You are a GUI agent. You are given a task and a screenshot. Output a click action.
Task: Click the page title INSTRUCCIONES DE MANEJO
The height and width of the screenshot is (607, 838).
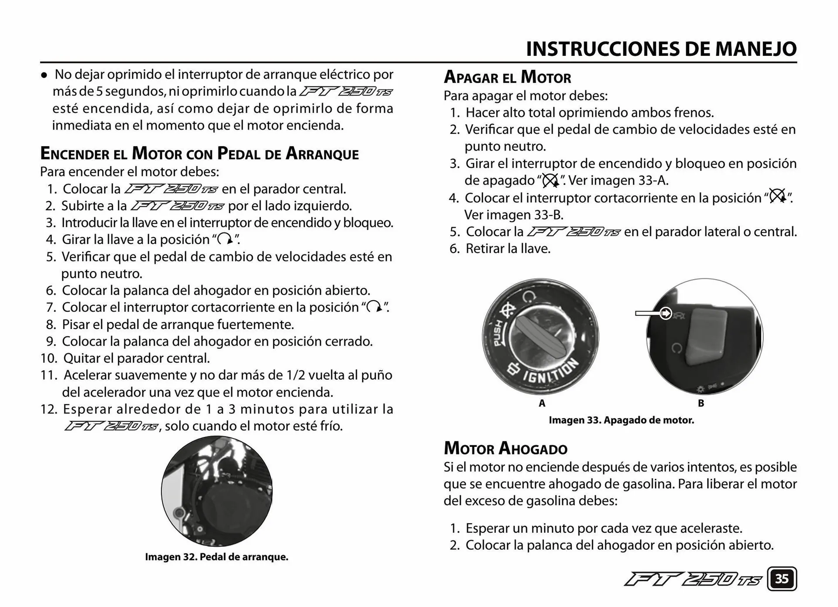tap(661, 49)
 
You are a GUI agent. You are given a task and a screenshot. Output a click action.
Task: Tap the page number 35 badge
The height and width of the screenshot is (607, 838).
tap(782, 579)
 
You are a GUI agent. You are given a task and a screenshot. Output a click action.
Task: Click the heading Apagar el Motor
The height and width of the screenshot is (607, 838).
tap(507, 78)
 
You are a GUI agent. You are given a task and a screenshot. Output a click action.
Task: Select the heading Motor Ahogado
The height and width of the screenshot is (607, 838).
tap(505, 449)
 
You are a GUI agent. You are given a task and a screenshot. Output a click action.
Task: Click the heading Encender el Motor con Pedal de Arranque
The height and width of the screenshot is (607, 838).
tap(199, 154)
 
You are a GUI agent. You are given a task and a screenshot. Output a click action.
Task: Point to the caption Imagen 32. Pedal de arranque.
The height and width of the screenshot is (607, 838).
tap(216, 557)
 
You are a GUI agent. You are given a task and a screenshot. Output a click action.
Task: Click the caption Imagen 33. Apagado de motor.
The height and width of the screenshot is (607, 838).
tap(621, 420)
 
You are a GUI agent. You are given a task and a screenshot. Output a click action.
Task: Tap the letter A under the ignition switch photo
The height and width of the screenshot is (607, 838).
tap(542, 403)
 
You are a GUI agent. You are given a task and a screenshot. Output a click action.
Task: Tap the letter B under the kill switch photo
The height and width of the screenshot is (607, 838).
tap(701, 403)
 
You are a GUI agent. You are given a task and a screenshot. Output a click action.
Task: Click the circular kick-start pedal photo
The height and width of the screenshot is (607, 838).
tap(216, 491)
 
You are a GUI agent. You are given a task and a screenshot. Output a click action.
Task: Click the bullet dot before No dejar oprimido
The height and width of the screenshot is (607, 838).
tap(44, 75)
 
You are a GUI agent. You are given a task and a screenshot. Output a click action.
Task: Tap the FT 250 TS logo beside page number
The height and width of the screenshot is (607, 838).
tap(693, 580)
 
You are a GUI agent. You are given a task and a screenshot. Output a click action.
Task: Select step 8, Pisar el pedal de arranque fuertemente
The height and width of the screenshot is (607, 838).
tap(178, 325)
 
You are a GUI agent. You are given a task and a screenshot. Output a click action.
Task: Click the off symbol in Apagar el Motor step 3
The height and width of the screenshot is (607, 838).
tap(550, 180)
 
